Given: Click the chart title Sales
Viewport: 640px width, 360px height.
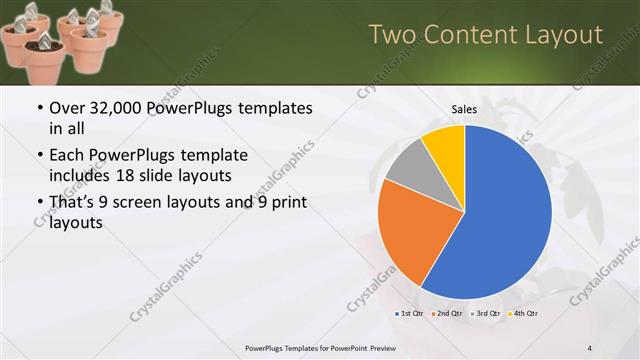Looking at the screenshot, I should click(x=463, y=109).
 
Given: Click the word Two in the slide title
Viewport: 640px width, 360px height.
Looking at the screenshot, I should click(x=393, y=35).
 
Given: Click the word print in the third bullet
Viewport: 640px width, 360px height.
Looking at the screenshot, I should click(x=282, y=203).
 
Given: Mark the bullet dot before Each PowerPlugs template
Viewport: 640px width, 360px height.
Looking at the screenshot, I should click(x=39, y=156).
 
